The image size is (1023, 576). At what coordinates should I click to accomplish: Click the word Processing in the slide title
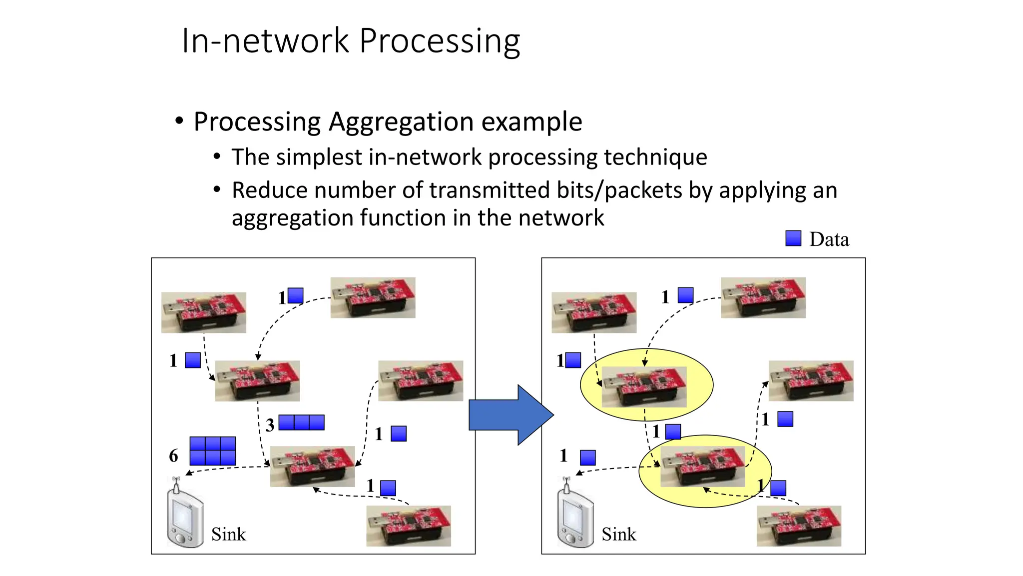pyautogui.click(x=440, y=41)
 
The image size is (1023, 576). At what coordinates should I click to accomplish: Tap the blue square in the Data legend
pyautogui.click(x=793, y=238)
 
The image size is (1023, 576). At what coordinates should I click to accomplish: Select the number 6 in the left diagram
pyautogui.click(x=173, y=455)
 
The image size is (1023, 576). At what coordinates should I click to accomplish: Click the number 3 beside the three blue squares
pyautogui.click(x=270, y=425)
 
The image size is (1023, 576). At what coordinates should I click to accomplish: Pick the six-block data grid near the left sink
pyautogui.click(x=212, y=451)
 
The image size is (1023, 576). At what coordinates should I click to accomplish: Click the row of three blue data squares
pyautogui.click(x=301, y=422)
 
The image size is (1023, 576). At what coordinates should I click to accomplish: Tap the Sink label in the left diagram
pyautogui.click(x=228, y=534)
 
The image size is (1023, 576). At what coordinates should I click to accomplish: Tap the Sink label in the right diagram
pyautogui.click(x=618, y=534)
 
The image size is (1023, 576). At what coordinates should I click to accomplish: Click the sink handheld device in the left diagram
pyautogui.click(x=184, y=517)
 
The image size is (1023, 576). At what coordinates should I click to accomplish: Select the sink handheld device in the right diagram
pyautogui.click(x=575, y=517)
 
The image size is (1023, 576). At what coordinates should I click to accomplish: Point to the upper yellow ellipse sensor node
pyautogui.click(x=644, y=386)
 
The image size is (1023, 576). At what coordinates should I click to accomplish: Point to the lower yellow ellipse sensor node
pyautogui.click(x=703, y=467)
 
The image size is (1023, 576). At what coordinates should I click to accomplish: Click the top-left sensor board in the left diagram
pyautogui.click(x=204, y=312)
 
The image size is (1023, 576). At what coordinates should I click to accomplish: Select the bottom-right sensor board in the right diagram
pyautogui.click(x=799, y=526)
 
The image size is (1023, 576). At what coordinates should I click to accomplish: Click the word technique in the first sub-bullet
pyautogui.click(x=655, y=157)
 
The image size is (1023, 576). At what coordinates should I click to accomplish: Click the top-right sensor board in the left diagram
pyautogui.click(x=373, y=297)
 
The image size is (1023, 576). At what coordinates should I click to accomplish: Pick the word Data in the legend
pyautogui.click(x=829, y=239)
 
